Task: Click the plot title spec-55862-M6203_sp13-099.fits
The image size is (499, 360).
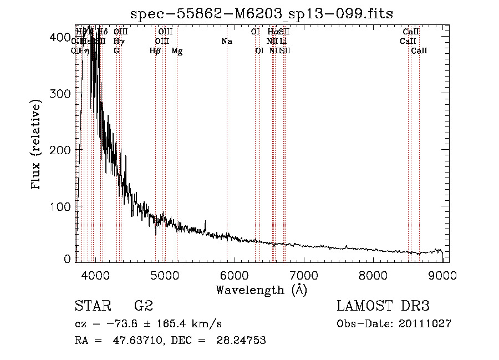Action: click(261, 13)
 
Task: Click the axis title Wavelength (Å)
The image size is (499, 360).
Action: click(261, 290)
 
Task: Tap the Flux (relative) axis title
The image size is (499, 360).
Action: click(37, 145)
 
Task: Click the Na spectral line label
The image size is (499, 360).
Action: click(227, 42)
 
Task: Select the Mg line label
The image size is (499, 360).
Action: click(177, 51)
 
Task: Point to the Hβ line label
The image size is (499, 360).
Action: click(155, 51)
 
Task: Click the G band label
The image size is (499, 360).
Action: click(116, 51)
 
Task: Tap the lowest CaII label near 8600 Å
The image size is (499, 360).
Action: click(419, 51)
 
